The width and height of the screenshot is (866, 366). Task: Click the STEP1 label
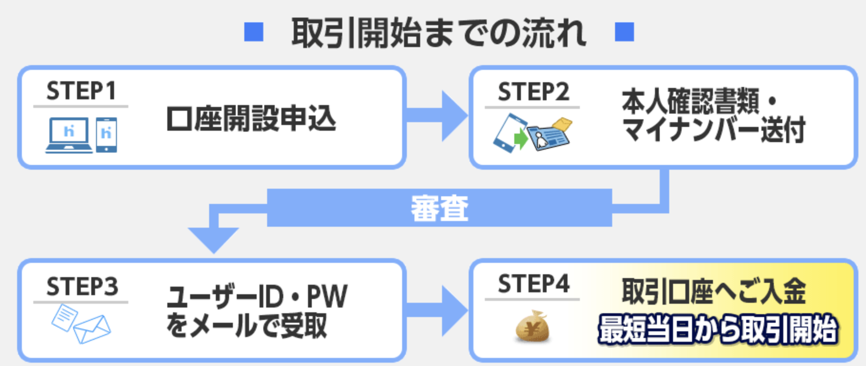[x=81, y=91]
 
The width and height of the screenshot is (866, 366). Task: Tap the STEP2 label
[x=533, y=92]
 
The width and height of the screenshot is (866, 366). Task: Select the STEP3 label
[x=82, y=287]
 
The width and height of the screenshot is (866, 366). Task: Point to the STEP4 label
[x=533, y=284]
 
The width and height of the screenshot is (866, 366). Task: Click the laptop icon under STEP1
[x=69, y=135]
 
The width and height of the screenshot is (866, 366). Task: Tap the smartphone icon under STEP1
[x=106, y=135]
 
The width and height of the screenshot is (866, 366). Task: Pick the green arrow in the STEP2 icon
[x=521, y=139]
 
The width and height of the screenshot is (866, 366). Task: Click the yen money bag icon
[x=532, y=327]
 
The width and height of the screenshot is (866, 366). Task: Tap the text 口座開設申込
[x=251, y=119]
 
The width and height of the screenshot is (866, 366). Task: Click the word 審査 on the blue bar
[x=439, y=208]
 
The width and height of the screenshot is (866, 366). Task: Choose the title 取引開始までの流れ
[x=438, y=33]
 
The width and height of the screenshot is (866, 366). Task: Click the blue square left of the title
[x=254, y=32]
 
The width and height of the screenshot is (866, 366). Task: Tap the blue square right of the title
[x=624, y=32]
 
